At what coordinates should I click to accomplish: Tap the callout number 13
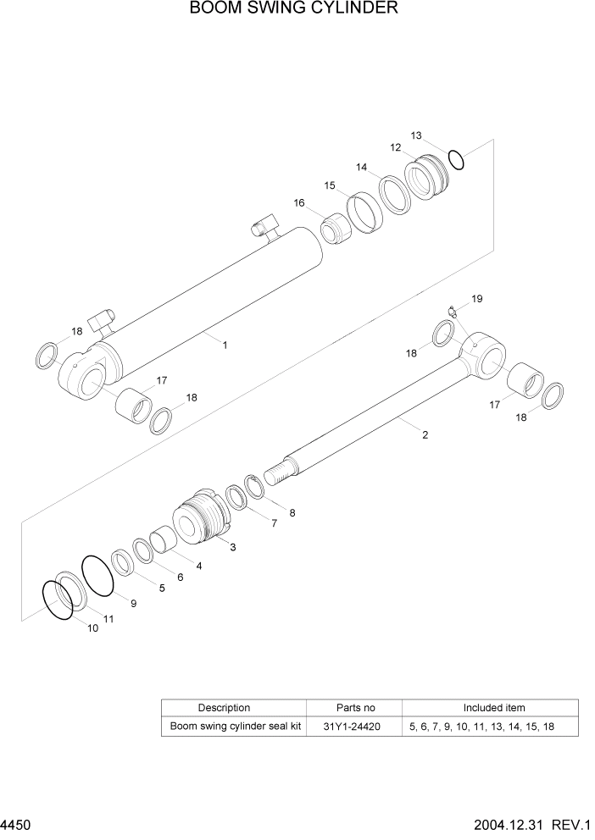(x=416, y=135)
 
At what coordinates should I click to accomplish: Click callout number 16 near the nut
(x=299, y=202)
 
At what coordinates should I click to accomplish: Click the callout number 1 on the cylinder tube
(x=225, y=345)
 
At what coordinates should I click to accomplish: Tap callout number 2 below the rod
(x=425, y=435)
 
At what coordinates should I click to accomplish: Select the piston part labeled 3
(x=201, y=517)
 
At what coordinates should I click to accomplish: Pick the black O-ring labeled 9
(x=98, y=572)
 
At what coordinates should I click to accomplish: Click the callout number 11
(x=108, y=619)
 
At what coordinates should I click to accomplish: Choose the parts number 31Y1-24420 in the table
(x=355, y=726)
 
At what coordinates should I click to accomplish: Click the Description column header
(x=224, y=707)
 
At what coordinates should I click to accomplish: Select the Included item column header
(x=493, y=707)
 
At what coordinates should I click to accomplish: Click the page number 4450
(x=16, y=824)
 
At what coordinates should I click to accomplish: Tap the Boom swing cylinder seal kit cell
(x=236, y=726)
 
